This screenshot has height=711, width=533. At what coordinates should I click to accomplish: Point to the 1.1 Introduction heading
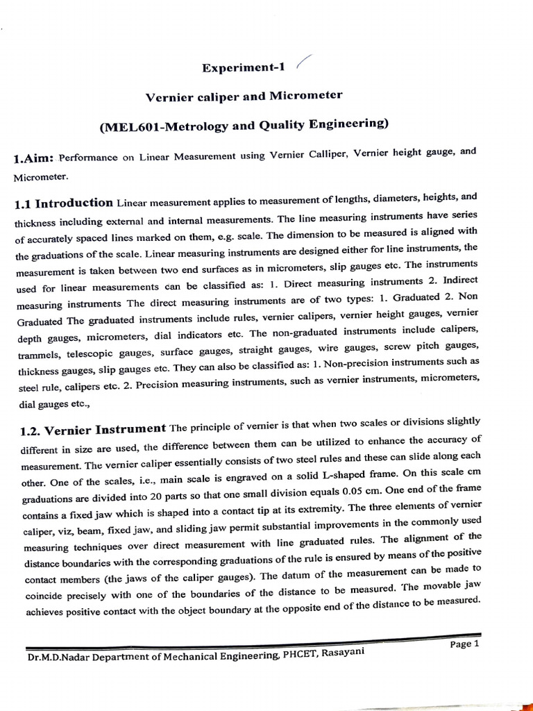point(63,204)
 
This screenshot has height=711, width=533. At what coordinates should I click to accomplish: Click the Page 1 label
point(464,644)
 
